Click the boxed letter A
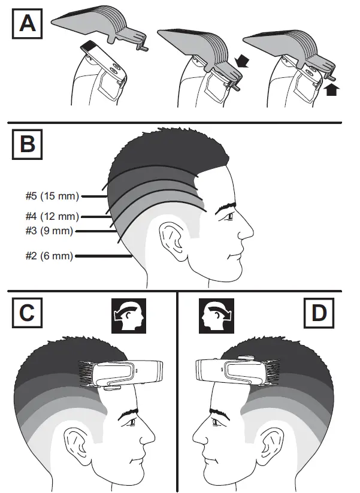27,25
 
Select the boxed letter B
27,144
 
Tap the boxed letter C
27,313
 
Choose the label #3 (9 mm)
52,230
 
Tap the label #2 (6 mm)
50,256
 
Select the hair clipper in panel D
234,373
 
